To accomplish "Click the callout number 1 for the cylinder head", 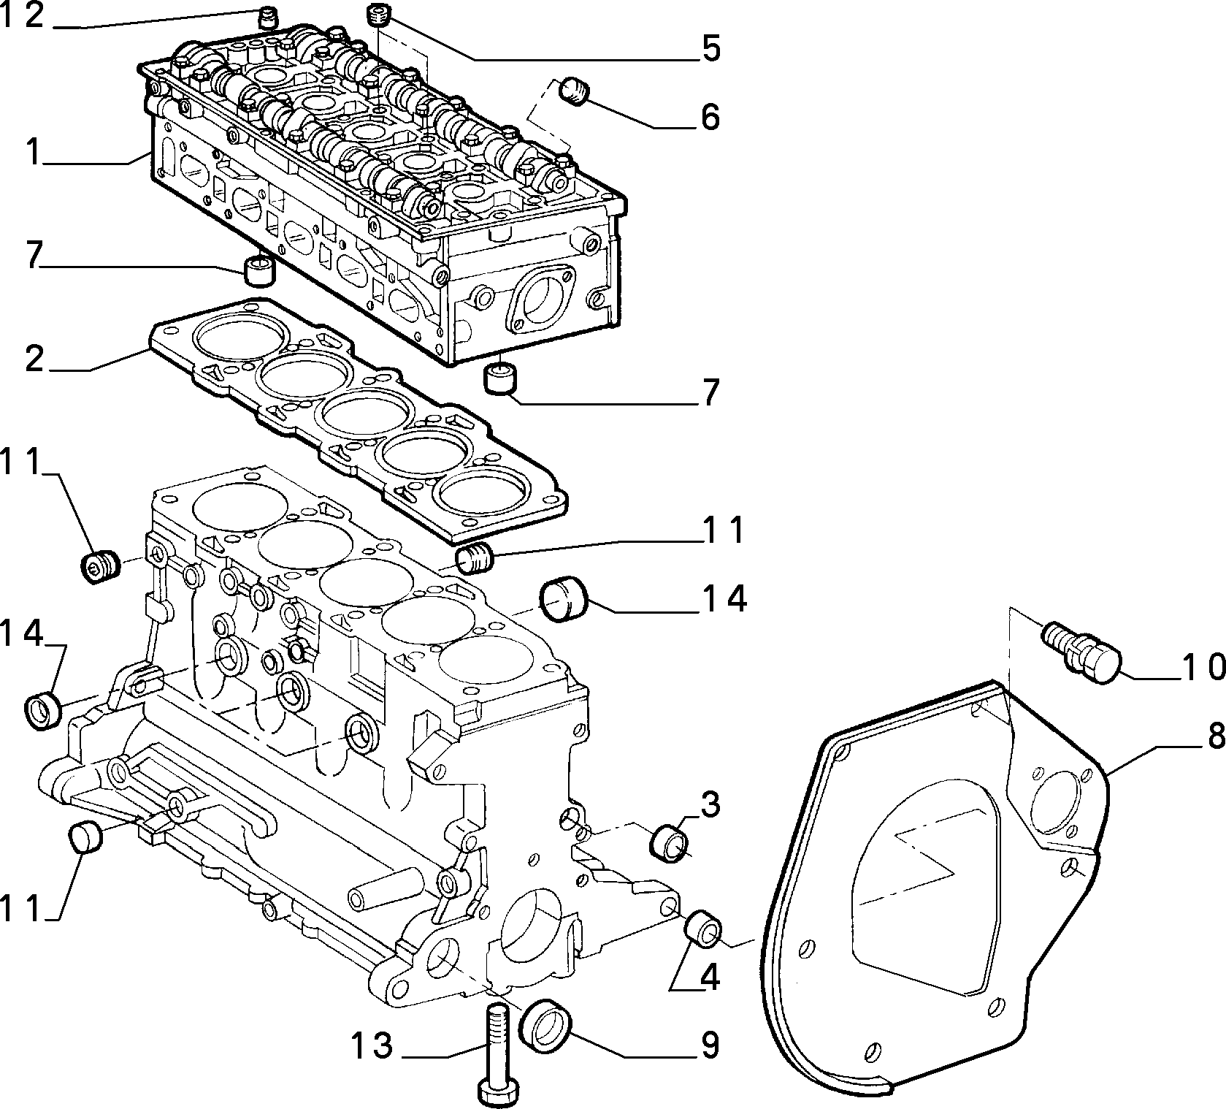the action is click(33, 152).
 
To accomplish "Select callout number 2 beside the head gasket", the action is click(34, 359).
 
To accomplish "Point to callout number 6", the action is click(708, 117).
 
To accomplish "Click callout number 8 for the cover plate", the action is click(1213, 738).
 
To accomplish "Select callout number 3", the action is click(708, 806).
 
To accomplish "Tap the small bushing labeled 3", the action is click(667, 843).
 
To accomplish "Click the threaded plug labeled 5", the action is click(378, 14).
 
